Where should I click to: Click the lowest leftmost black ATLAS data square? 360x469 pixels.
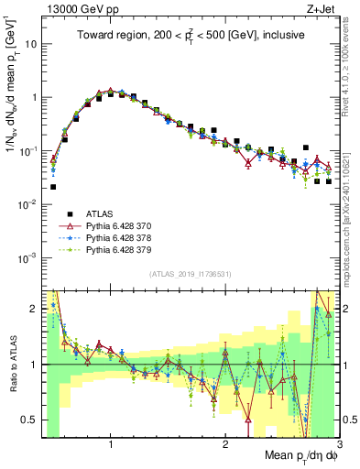53,187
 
